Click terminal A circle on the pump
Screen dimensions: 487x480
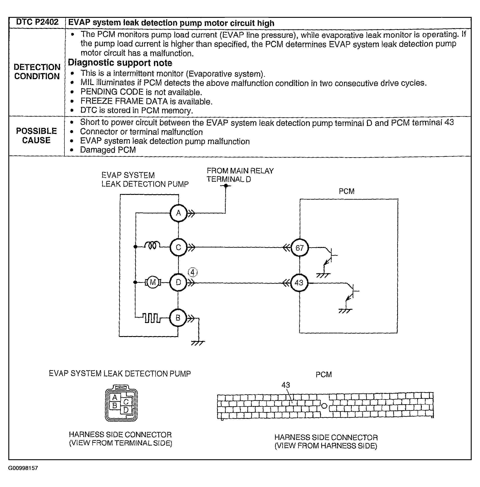coord(178,213)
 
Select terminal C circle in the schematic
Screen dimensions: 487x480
coord(178,247)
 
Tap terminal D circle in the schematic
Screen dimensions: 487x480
coord(178,282)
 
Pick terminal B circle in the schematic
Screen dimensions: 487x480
coord(178,318)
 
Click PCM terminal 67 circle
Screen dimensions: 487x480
coord(299,248)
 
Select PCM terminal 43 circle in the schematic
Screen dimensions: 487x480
coord(299,283)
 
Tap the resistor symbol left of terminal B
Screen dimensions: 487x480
coord(151,318)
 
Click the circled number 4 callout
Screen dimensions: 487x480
coord(193,272)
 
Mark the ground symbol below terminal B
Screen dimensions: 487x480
coord(198,343)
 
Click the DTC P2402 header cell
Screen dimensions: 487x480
coord(37,22)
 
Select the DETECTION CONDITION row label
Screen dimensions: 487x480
coord(37,72)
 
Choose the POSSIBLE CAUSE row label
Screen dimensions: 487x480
coord(37,136)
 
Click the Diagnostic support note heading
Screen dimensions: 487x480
coord(120,62)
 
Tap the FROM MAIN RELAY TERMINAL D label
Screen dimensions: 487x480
coord(240,175)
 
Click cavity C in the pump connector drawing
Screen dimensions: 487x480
coord(126,402)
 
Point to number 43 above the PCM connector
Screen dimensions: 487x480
coord(285,385)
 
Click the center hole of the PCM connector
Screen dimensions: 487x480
coord(324,406)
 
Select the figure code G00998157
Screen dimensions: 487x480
coord(23,468)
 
